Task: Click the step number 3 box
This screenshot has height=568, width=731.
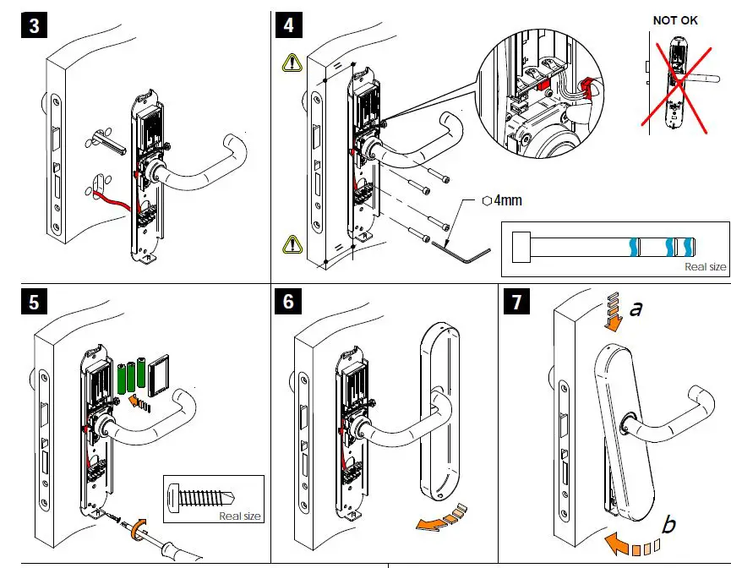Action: (33, 25)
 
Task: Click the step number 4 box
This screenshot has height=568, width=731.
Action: (289, 25)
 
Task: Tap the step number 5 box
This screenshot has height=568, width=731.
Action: (33, 301)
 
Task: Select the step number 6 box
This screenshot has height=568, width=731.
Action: (289, 301)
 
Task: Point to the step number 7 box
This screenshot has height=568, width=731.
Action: (516, 301)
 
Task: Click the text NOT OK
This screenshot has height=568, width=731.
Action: (675, 20)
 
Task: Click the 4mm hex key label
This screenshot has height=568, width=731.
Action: (506, 201)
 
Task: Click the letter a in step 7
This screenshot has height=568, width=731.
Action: (636, 309)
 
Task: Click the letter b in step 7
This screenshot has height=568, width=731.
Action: (668, 526)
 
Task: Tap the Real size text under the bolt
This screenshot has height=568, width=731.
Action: (705, 266)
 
